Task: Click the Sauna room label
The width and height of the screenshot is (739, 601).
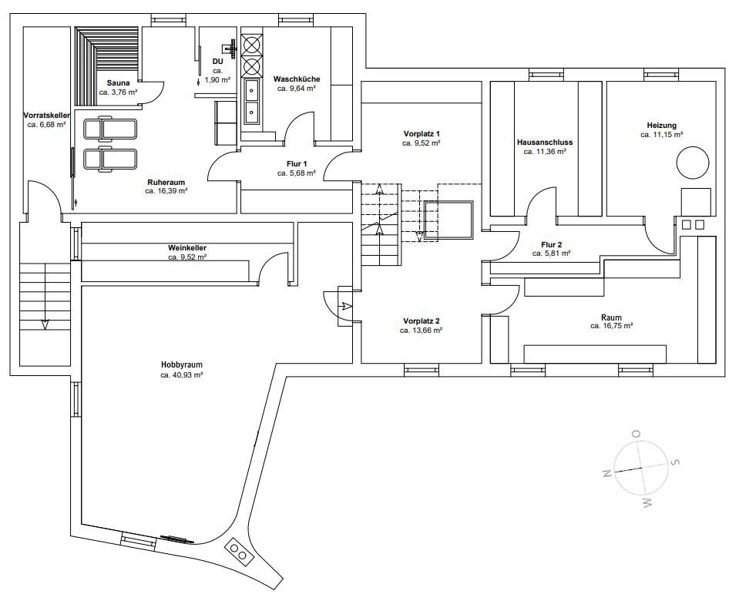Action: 119,83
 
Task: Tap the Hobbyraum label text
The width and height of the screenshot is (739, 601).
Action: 181,365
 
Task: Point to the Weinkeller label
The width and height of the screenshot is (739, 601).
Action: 187,247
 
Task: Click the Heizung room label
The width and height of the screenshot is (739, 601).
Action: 662,126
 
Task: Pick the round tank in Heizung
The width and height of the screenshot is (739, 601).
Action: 692,163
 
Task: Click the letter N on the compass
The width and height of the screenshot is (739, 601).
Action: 607,474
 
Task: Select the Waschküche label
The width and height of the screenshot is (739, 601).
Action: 297,79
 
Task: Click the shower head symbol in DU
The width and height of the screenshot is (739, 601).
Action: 230,48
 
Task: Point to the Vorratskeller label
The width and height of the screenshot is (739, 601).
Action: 47,116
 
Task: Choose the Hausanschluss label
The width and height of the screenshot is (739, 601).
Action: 545,142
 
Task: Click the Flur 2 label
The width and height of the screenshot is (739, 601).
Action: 552,245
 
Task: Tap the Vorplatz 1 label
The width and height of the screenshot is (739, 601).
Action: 422,133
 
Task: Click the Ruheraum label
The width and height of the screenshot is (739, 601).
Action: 166,182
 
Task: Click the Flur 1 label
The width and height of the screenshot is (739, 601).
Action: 297,163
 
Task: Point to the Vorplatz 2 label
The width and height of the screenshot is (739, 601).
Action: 422,321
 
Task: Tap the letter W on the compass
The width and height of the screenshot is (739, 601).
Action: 647,503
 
